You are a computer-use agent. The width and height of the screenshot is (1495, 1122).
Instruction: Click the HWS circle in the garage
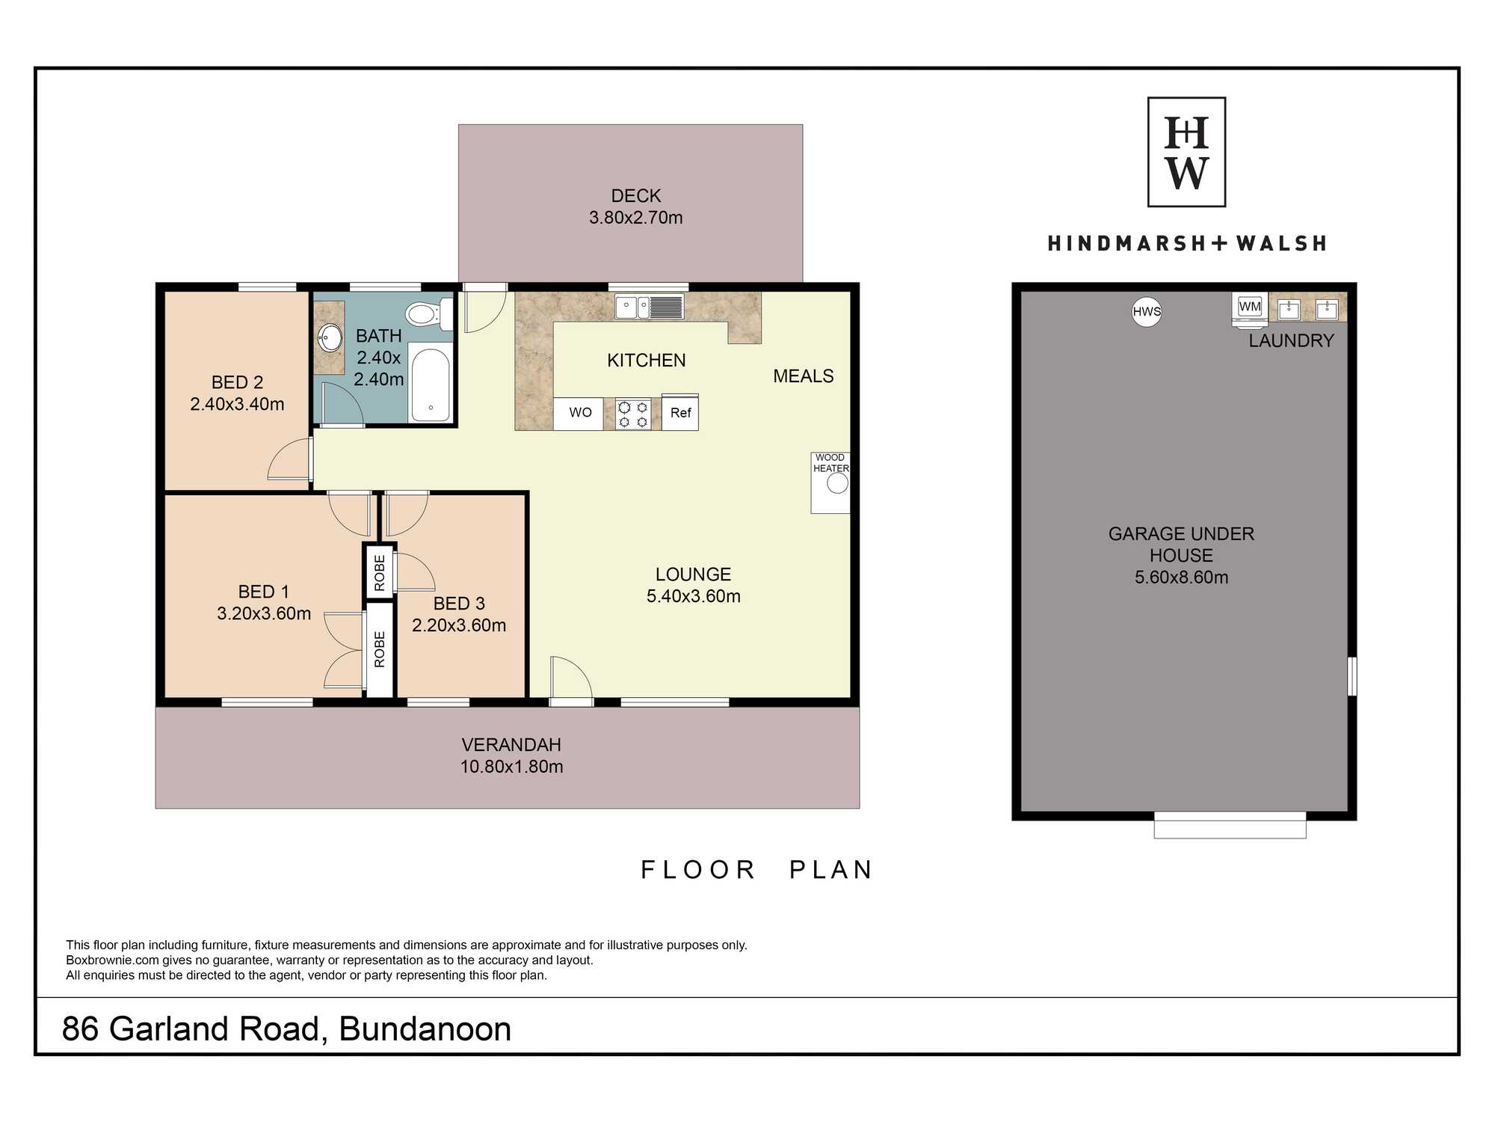point(1147,312)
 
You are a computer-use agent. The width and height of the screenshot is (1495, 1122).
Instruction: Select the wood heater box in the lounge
point(830,482)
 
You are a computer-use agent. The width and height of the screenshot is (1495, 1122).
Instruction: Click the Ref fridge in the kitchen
point(680,412)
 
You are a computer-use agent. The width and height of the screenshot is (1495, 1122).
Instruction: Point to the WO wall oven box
point(579,413)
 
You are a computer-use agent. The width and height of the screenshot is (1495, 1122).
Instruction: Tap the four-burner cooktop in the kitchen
point(632,414)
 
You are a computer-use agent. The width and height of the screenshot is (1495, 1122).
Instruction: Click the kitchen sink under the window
point(649,307)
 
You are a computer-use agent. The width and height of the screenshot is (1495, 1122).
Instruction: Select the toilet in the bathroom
point(429,313)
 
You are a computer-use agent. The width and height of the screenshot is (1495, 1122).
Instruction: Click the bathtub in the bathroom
point(430,384)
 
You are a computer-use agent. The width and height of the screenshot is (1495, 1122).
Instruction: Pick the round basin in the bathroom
point(330,338)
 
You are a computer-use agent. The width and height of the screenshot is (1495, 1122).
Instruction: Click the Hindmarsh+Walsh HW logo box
point(1186,152)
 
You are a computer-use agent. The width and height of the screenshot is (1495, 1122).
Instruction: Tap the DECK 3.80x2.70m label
point(636,206)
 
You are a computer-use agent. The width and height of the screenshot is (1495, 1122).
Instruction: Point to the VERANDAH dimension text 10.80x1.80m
point(511,767)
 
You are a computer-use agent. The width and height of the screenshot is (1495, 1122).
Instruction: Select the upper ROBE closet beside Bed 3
point(380,572)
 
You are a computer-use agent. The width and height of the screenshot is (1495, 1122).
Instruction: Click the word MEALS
point(803,376)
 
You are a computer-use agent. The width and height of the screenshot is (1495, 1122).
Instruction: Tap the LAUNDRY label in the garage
point(1291,341)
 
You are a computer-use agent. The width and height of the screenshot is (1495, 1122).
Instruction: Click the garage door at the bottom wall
point(1230,825)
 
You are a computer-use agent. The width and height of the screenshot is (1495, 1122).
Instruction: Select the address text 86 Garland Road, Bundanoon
point(286,1029)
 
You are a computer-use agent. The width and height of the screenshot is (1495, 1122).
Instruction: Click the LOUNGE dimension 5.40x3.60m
point(694,596)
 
